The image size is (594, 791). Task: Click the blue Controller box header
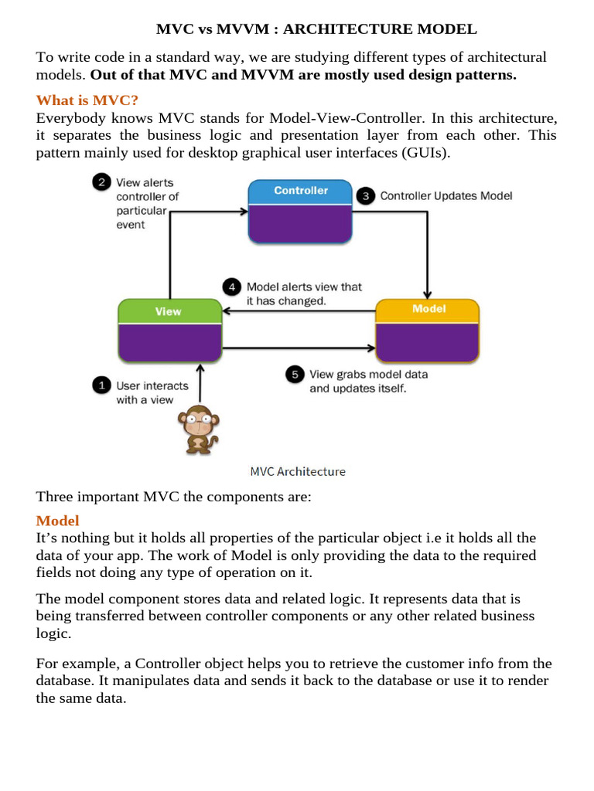(x=300, y=191)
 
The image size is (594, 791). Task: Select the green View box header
(x=168, y=311)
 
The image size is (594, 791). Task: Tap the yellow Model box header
(x=428, y=309)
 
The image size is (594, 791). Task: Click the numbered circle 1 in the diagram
(x=101, y=385)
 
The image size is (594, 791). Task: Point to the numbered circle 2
(x=101, y=183)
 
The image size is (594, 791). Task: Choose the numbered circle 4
(x=232, y=287)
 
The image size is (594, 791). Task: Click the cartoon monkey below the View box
(x=198, y=429)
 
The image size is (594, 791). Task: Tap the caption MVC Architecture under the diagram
(x=299, y=471)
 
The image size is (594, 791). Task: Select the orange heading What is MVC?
(x=87, y=100)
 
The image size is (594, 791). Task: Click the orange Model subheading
(x=57, y=521)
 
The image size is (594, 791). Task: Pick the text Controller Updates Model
(x=445, y=196)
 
